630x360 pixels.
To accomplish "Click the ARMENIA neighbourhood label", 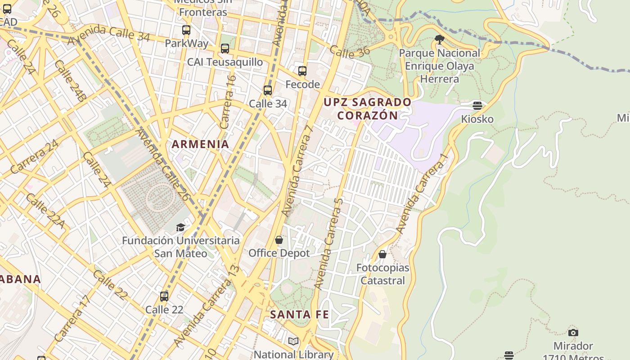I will [x=200, y=144].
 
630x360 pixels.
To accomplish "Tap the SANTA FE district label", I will [x=299, y=315].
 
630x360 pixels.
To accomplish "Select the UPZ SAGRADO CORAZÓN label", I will [x=367, y=109].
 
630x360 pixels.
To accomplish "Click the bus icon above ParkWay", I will [x=186, y=30].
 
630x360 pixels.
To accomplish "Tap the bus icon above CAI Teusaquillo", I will [x=225, y=49].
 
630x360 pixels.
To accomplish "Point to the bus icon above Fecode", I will [x=302, y=71].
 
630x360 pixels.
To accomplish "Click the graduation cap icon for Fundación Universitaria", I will [x=180, y=227].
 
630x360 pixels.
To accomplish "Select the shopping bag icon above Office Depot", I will [x=279, y=240].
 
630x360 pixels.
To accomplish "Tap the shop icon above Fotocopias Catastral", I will [x=382, y=255].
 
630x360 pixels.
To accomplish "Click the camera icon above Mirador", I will [x=573, y=333].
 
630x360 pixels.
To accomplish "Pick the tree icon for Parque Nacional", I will [x=440, y=40].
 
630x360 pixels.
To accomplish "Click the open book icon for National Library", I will [x=293, y=342].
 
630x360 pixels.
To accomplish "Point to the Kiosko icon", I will [x=477, y=106].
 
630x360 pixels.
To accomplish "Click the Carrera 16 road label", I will [x=228, y=102].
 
